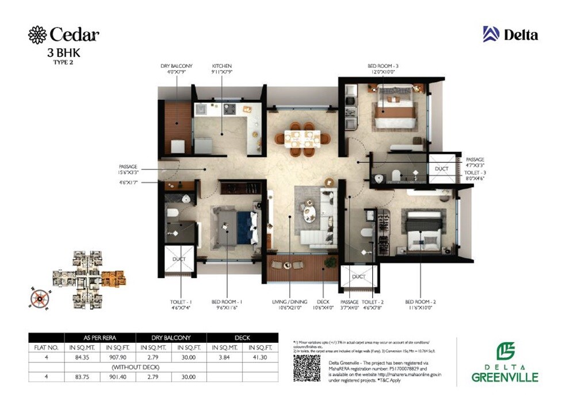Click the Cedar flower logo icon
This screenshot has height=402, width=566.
click(x=37, y=34)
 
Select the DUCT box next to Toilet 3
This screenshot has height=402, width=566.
click(x=442, y=169)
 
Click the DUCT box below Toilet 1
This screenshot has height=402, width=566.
click(x=179, y=260)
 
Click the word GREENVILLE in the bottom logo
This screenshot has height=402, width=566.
click(x=505, y=377)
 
